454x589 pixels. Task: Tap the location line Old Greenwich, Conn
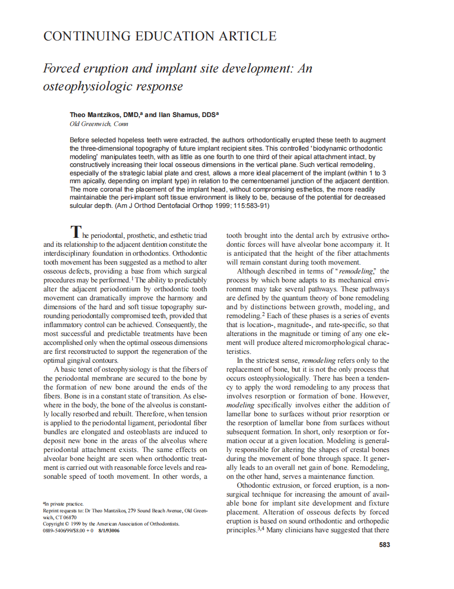(99, 124)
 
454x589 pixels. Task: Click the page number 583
(384, 545)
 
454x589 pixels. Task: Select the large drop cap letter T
(76, 231)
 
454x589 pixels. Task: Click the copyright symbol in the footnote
(67, 524)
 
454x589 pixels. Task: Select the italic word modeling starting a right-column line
(240, 405)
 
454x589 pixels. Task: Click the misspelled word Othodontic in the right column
(254, 485)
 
